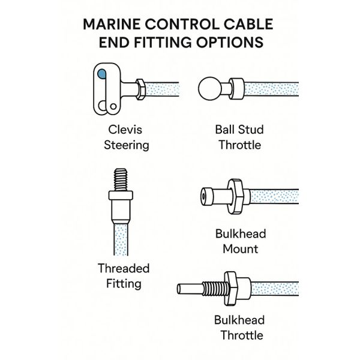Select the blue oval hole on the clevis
click(x=101, y=75)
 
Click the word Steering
click(x=127, y=145)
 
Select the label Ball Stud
click(x=239, y=130)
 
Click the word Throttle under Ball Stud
click(x=239, y=145)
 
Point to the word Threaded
click(x=124, y=268)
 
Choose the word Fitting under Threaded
click(x=124, y=283)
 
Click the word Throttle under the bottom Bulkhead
click(x=240, y=335)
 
